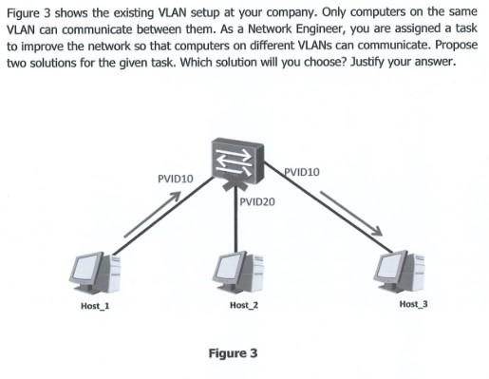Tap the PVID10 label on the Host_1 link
(x=175, y=179)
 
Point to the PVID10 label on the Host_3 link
(x=302, y=172)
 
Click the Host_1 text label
(x=95, y=306)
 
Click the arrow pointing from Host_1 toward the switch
(x=151, y=215)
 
